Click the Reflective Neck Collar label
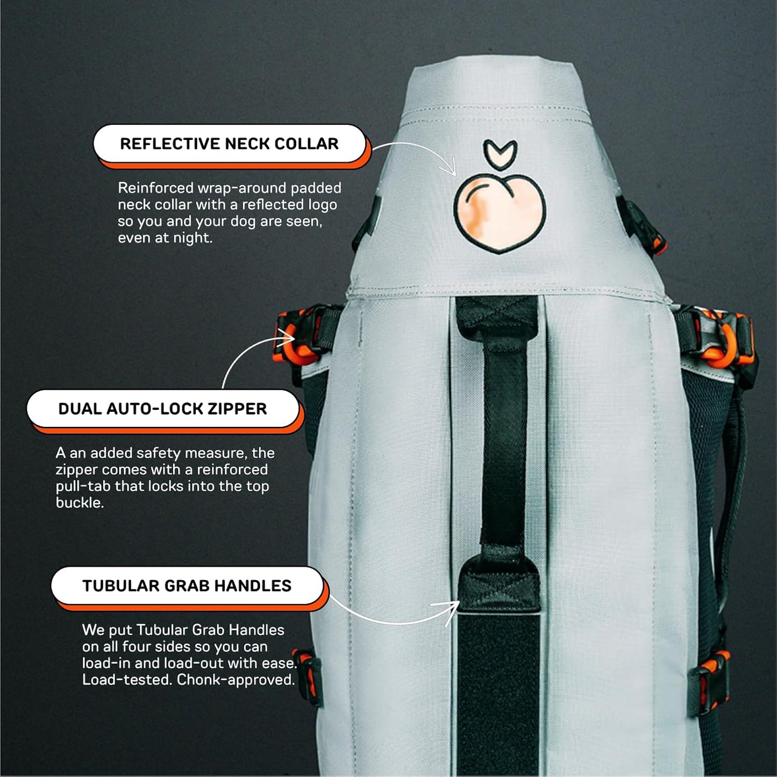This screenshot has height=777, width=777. pyautogui.click(x=230, y=144)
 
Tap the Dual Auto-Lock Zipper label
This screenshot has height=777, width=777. pyautogui.click(x=162, y=409)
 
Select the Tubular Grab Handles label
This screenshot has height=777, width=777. pyautogui.click(x=187, y=586)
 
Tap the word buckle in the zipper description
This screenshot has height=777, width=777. pyautogui.click(x=79, y=503)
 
